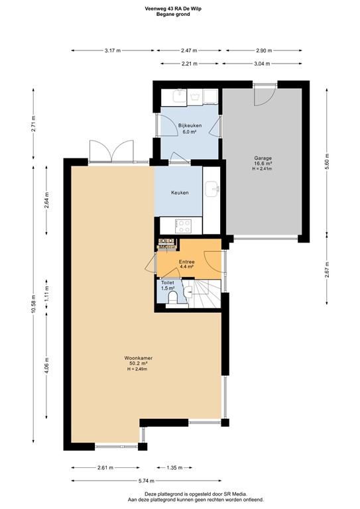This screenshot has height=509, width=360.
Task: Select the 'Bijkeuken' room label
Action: coord(189,125)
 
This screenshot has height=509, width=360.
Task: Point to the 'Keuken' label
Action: coord(180,193)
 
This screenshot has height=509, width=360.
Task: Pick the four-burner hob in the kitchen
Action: coord(184,226)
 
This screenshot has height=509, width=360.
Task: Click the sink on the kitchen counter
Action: coord(213,190)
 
